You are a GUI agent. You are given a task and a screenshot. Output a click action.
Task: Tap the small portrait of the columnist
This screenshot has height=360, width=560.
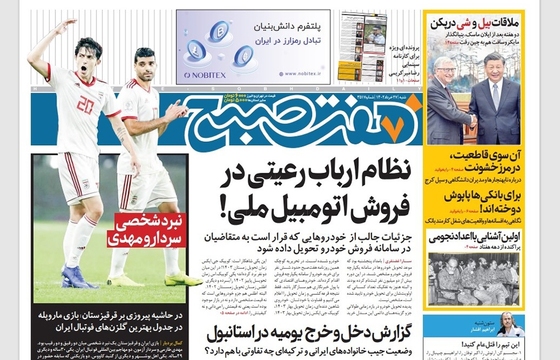tap(510, 326)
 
